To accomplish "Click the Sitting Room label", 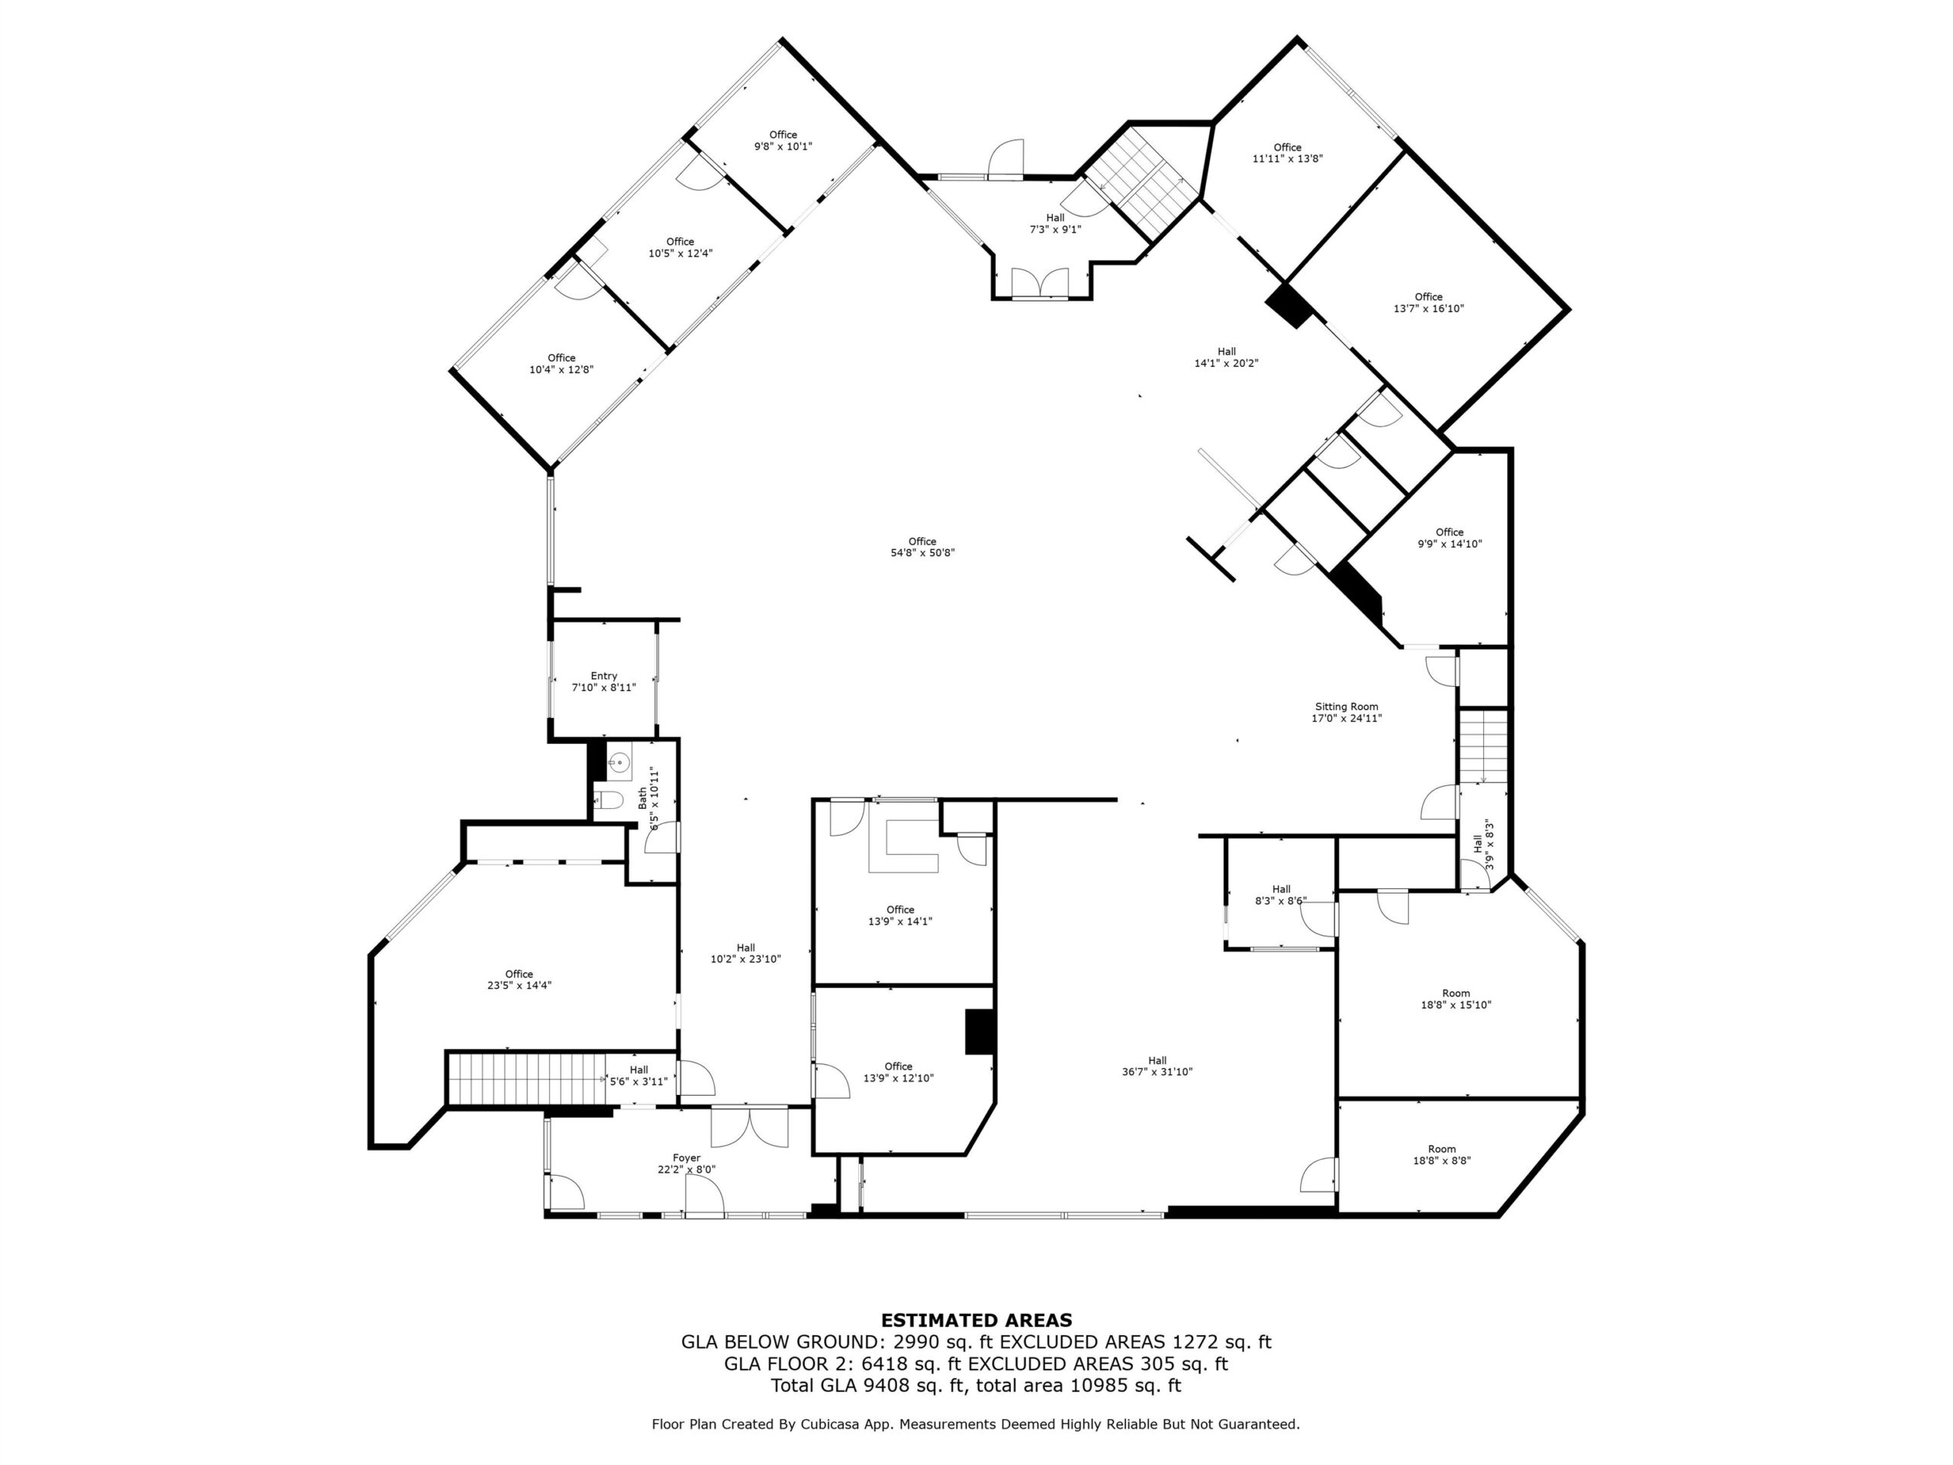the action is pyautogui.click(x=1347, y=707).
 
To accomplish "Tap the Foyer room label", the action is pyautogui.click(x=686, y=1158).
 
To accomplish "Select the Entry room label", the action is pyautogui.click(x=604, y=675).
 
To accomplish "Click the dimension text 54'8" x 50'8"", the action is pyautogui.click(x=922, y=552).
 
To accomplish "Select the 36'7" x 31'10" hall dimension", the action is pyautogui.click(x=1157, y=1072).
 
